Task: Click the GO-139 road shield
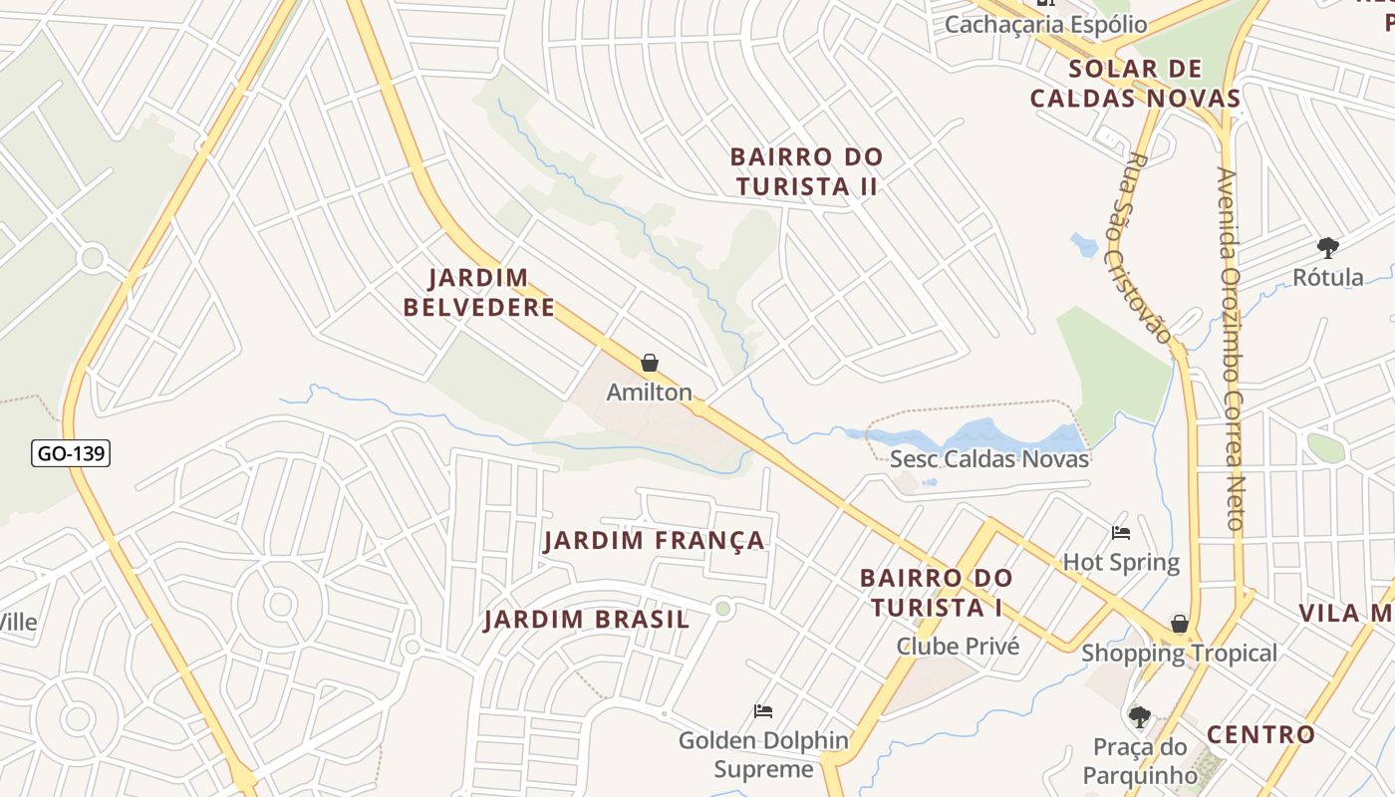click(x=70, y=453)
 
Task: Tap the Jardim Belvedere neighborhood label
click(x=479, y=293)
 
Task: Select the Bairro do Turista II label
click(x=806, y=171)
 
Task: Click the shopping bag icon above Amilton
click(x=650, y=363)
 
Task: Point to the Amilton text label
click(x=650, y=393)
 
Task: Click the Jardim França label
click(x=655, y=541)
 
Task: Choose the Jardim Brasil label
click(x=587, y=620)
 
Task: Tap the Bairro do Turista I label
click(x=936, y=593)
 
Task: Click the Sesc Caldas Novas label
click(x=988, y=459)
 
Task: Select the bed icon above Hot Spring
click(x=1121, y=533)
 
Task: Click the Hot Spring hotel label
click(x=1121, y=563)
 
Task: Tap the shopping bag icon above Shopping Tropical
click(x=1180, y=624)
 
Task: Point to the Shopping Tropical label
click(x=1179, y=654)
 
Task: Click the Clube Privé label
click(x=958, y=646)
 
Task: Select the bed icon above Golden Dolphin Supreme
click(x=763, y=711)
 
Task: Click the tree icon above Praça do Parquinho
click(x=1140, y=716)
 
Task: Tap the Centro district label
click(x=1260, y=735)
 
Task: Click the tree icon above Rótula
click(x=1327, y=247)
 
